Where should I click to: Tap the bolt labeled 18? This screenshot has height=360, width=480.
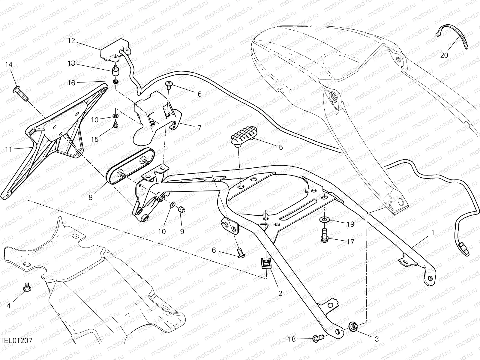click(318, 339)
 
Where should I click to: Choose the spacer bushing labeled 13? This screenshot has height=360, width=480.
click(115, 72)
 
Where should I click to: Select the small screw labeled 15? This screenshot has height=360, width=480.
click(115, 124)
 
